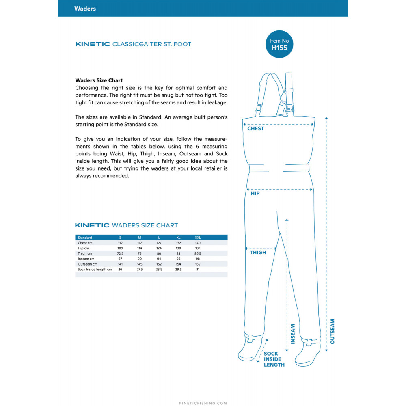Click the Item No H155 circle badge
pos(280,44)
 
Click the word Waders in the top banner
pos(85,9)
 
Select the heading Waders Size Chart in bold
pos(99,80)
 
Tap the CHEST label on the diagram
pos(256,129)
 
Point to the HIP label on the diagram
pos(255,194)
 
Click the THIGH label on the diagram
pos(258,253)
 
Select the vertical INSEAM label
pos(293,334)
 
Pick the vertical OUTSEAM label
pos(333,331)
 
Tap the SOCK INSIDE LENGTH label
pos(274,359)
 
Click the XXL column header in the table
pos(197,238)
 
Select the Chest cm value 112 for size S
pos(120,243)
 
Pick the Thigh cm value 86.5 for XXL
pos(198,253)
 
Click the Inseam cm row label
pos(86,259)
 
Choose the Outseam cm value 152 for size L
pos(159,264)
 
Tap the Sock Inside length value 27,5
pos(139,269)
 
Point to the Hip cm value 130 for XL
pos(178,248)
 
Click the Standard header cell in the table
pos(85,238)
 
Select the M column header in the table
pos(140,238)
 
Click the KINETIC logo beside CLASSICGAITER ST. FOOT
pos(93,44)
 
